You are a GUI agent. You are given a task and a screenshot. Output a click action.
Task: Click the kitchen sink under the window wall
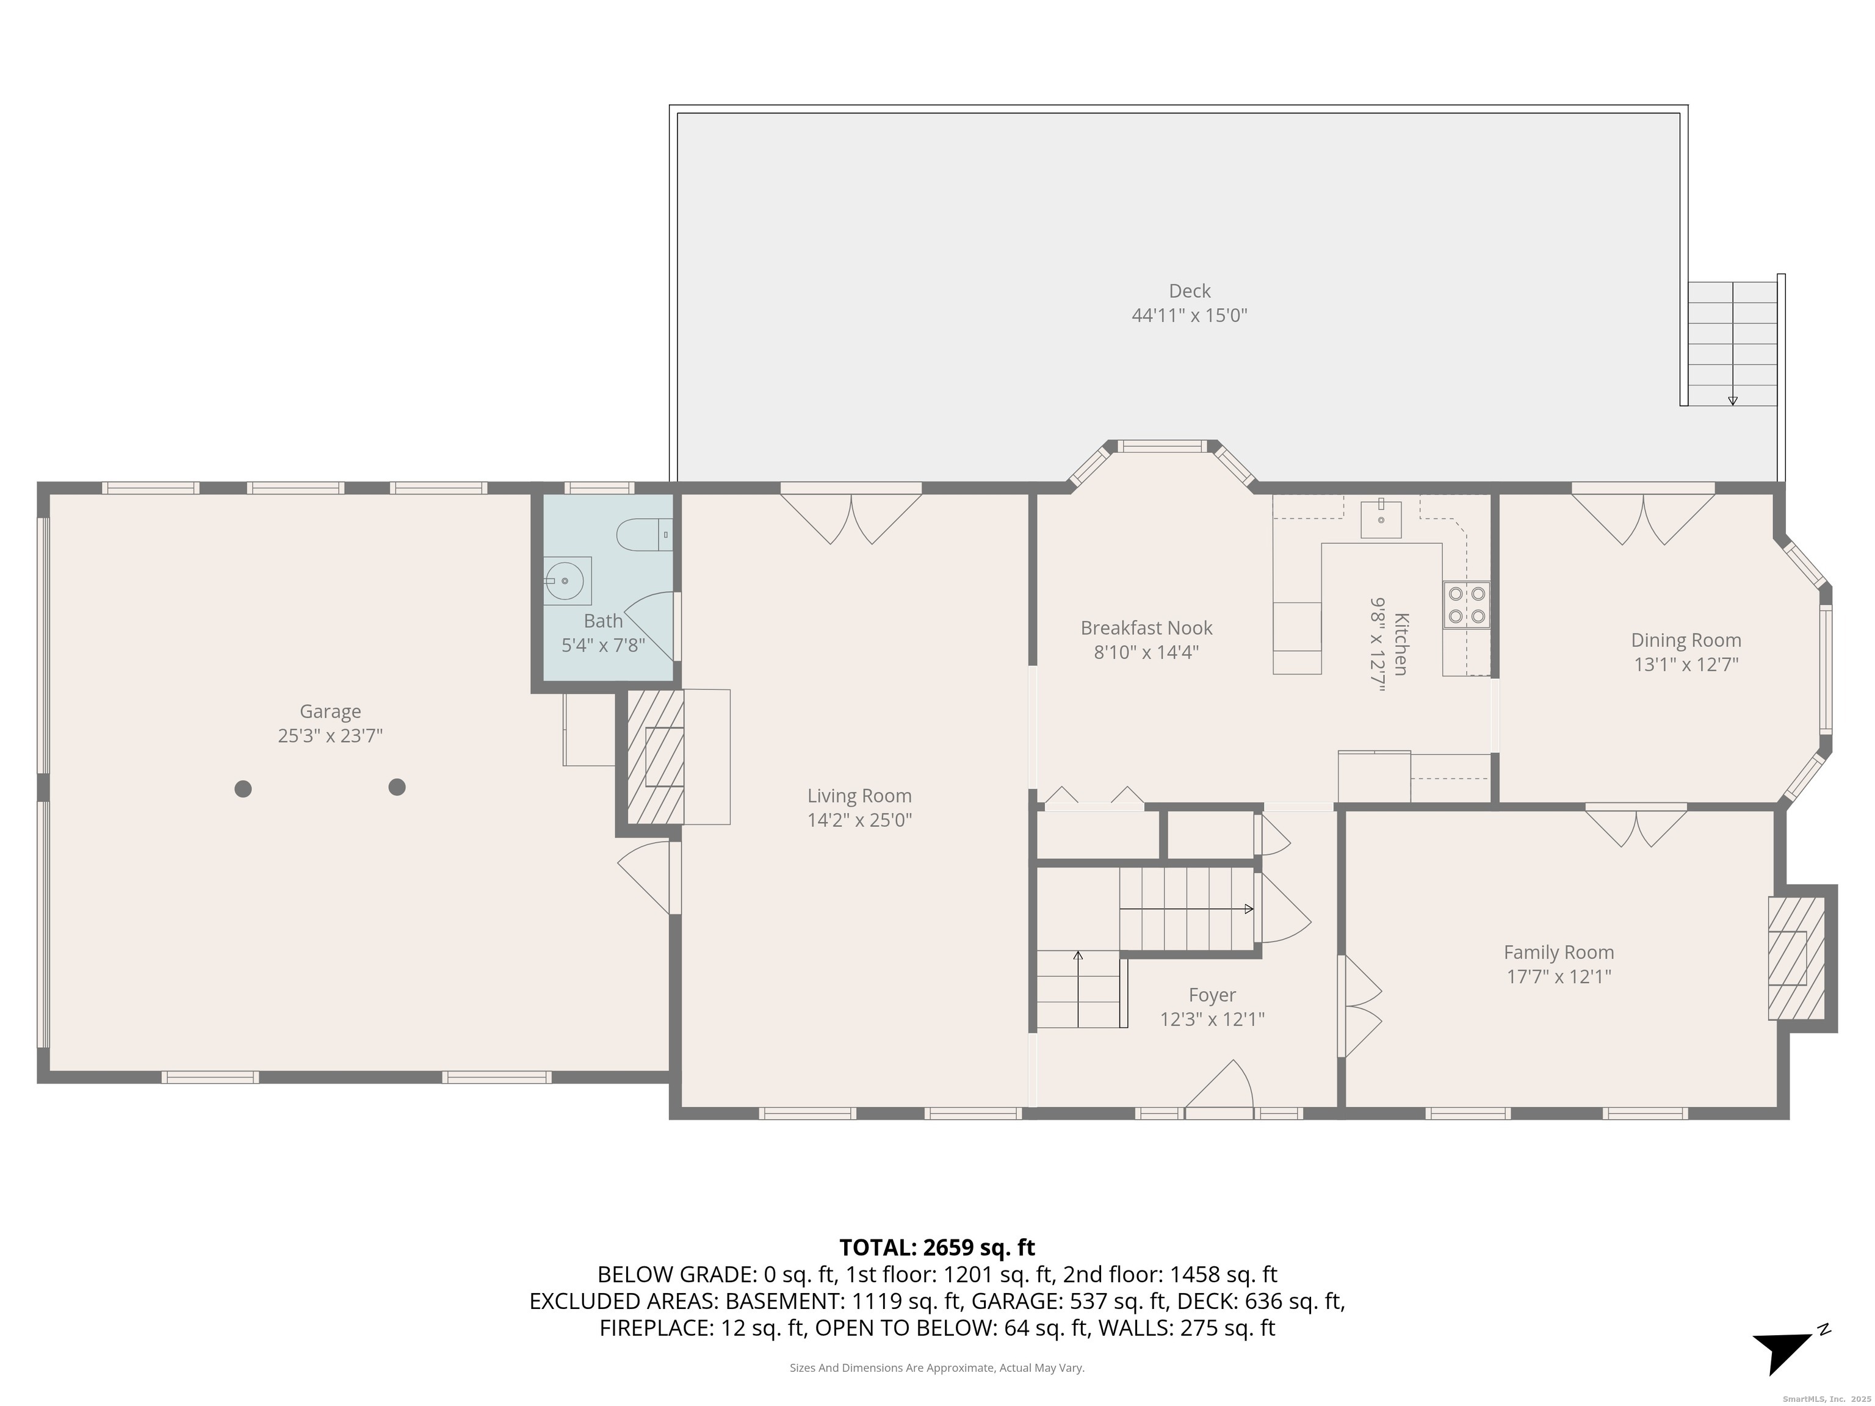coord(1381,519)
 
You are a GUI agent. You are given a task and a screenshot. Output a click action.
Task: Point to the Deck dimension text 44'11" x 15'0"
coord(1189,315)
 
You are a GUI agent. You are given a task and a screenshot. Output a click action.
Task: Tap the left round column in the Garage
coord(244,789)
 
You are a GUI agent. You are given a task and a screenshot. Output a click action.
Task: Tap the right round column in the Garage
coord(397,787)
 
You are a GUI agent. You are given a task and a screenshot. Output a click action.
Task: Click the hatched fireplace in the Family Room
coord(1794,957)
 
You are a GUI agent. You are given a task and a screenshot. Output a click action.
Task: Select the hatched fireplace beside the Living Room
coord(656,757)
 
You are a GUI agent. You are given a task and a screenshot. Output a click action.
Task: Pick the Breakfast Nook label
coord(1146,628)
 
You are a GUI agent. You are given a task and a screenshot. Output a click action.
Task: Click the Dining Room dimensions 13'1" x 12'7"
coord(1685,665)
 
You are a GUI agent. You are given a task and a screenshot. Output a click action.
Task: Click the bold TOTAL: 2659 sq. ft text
coord(937,1247)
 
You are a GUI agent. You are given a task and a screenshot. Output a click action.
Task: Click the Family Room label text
coord(1558,953)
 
